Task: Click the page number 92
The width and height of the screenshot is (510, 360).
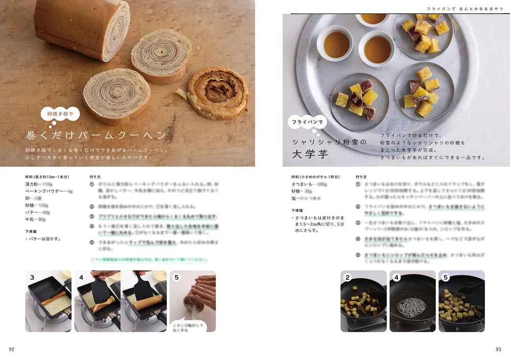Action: pos(12,349)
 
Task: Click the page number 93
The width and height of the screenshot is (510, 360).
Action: pos(498,349)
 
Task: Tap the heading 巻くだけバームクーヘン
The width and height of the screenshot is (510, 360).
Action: pos(96,135)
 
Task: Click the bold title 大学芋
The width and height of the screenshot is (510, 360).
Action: pos(310,154)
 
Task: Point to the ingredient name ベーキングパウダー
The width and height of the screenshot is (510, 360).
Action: pos(45,191)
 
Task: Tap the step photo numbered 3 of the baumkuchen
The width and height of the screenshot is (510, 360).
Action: pos(48,301)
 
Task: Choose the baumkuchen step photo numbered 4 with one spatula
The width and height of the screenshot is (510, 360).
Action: pos(97,301)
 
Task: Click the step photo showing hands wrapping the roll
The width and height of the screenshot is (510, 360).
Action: pos(192,301)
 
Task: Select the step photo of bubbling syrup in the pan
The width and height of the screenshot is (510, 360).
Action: pos(412,301)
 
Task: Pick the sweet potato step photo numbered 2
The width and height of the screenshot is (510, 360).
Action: pos(363,301)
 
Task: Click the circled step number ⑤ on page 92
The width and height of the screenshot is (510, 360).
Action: pos(92,243)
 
